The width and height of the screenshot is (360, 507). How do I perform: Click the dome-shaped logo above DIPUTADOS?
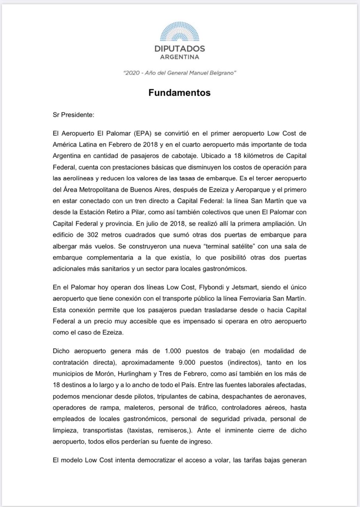coord(180,32)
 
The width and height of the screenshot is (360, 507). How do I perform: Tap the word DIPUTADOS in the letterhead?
coord(180,49)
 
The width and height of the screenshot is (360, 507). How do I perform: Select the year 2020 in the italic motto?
coord(131,73)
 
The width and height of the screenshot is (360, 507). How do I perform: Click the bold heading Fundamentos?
coord(179,93)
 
